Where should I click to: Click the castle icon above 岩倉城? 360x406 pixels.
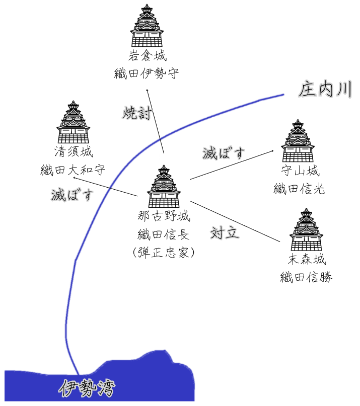tap(147, 26)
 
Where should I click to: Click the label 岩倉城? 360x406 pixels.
tap(147, 56)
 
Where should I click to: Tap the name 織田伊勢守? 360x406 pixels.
tap(147, 74)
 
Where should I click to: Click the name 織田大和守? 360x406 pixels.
tap(74, 170)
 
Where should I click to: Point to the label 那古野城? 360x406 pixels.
tap(164, 217)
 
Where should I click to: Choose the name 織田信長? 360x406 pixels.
tap(164, 234)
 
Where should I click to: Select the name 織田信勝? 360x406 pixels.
tap(307, 277)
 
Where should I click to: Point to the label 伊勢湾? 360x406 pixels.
tap(87, 387)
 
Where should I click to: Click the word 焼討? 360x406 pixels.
tap(136, 113)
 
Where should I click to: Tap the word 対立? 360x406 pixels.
tap(225, 233)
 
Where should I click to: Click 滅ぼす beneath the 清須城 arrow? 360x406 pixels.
tap(73, 194)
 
